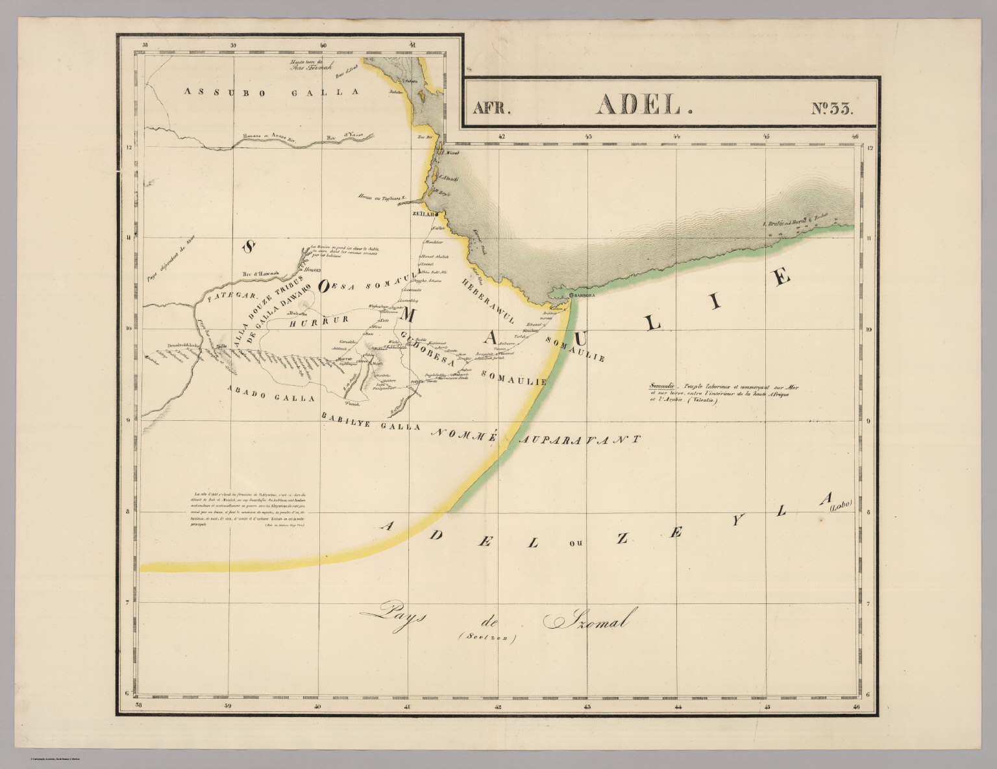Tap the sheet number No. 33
833,108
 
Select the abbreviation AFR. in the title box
491,108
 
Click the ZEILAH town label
423,213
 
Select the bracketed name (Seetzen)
487,639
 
